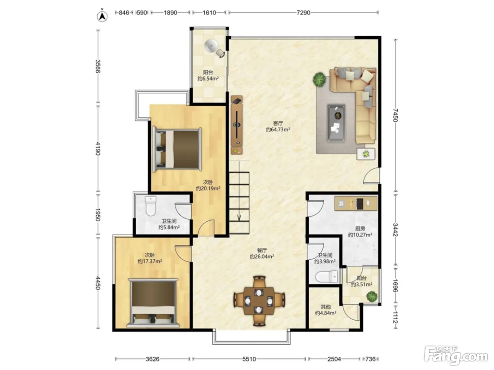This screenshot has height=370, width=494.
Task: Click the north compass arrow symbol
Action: coord(102,16)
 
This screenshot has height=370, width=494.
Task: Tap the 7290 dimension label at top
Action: coord(303,13)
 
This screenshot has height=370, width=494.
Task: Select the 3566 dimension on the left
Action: coord(98,66)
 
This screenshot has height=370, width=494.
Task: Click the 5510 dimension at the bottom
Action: coord(249,359)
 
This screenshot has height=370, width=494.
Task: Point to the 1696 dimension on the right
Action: coord(396,285)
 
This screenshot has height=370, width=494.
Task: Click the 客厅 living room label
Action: coord(278,123)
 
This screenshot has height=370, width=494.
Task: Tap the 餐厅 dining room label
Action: coord(262,250)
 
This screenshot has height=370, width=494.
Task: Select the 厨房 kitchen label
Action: coord(360,228)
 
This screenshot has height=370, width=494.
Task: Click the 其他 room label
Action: coord(325,307)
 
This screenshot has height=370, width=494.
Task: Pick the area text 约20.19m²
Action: coord(208,188)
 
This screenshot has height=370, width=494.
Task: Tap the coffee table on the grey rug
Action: coord(336,123)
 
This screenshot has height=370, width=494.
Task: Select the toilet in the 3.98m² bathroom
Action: coord(326,277)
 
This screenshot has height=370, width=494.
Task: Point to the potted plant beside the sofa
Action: coord(319,79)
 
